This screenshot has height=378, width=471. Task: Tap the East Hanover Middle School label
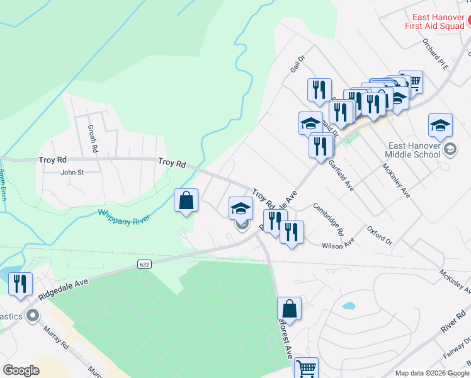(x=414, y=149)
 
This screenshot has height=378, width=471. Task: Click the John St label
(x=72, y=171)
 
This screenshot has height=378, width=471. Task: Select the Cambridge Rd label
(x=328, y=218)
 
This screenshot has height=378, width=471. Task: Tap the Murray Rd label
(x=56, y=336)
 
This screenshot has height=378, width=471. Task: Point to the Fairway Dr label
(x=457, y=347)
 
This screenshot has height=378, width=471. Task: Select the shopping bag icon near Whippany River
(x=186, y=202)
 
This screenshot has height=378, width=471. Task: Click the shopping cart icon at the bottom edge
(x=306, y=368)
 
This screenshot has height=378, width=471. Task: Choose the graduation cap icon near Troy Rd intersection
(x=241, y=209)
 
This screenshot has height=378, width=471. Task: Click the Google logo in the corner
(x=21, y=370)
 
